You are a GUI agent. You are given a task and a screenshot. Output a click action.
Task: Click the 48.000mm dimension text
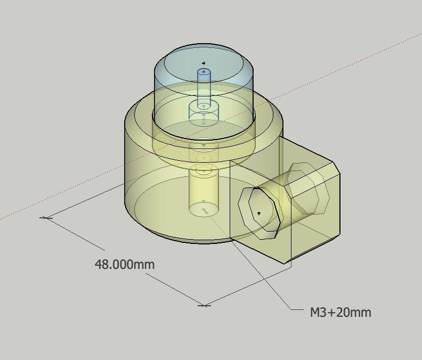point(125,265)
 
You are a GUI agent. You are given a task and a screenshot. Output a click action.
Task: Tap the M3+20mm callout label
point(340,313)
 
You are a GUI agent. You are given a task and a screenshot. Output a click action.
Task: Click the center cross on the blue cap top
point(204,63)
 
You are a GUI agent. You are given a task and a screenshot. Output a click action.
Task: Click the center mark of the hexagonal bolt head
point(259,214)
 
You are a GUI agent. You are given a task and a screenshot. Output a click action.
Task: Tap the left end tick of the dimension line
point(46,218)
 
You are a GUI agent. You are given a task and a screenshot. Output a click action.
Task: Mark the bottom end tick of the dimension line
point(204,305)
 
